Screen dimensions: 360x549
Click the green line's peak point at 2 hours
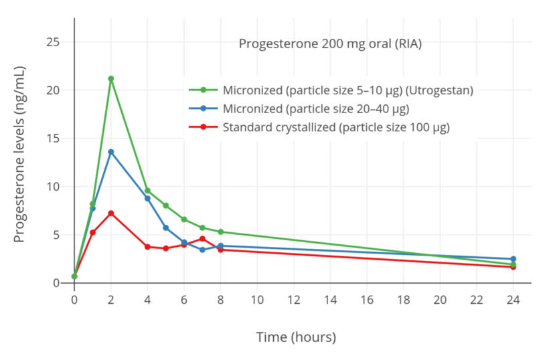pos(111,79)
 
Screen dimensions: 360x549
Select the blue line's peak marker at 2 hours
pos(111,152)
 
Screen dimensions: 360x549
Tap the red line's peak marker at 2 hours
pos(111,213)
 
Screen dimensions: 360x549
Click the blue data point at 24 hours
pos(513,259)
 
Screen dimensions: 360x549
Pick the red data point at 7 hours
pos(202,239)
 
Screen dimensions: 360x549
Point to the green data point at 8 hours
pos(220,232)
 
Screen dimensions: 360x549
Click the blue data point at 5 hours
pos(166,228)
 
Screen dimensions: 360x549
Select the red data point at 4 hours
pos(147,247)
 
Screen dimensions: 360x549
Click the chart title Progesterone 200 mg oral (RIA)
pos(330,44)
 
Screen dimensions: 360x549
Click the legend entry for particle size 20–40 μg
pos(315,108)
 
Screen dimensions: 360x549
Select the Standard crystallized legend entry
pos(335,126)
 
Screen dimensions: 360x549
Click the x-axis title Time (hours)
pos(296,337)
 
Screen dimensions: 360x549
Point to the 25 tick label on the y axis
pos(53,42)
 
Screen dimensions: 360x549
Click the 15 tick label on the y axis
pos(53,139)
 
